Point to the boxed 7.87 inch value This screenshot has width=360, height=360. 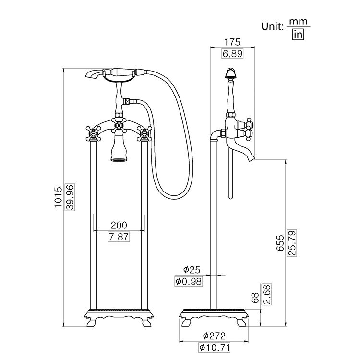(x=119, y=237)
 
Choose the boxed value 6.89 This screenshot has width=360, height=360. (x=232, y=54)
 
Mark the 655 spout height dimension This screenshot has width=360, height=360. (x=280, y=244)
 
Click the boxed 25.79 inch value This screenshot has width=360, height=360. (x=292, y=244)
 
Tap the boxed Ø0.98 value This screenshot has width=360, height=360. (x=189, y=281)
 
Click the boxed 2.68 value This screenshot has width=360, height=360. (x=267, y=294)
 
